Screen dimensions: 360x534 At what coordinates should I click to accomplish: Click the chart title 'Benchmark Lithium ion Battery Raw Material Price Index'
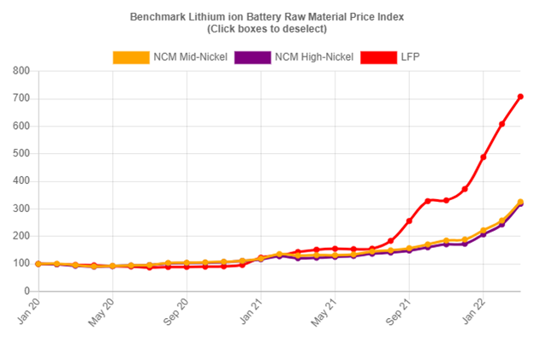268,16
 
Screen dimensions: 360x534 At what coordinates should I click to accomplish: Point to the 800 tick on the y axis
20,71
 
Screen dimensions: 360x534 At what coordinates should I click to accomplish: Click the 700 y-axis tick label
20,98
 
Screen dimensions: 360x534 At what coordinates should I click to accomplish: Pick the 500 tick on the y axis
20,154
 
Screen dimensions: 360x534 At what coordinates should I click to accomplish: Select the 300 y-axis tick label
20,209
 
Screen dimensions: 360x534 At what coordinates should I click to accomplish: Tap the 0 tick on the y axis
26,291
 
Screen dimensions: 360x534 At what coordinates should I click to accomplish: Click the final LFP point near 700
520,97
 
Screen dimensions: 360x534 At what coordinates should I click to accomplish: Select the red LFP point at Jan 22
484,157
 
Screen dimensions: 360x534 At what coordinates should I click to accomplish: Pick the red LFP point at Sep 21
409,221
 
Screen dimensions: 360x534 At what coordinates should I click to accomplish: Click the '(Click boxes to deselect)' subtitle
268,29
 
